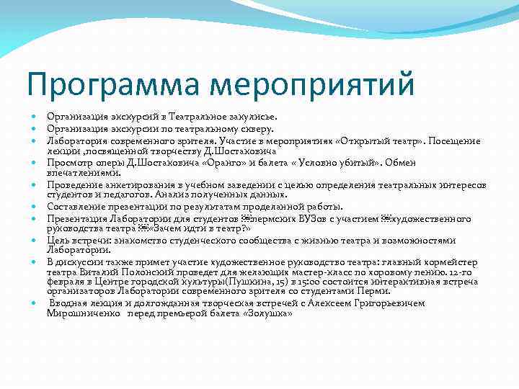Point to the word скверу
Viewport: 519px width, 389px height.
(256, 129)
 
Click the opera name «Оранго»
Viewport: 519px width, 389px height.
(206, 163)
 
